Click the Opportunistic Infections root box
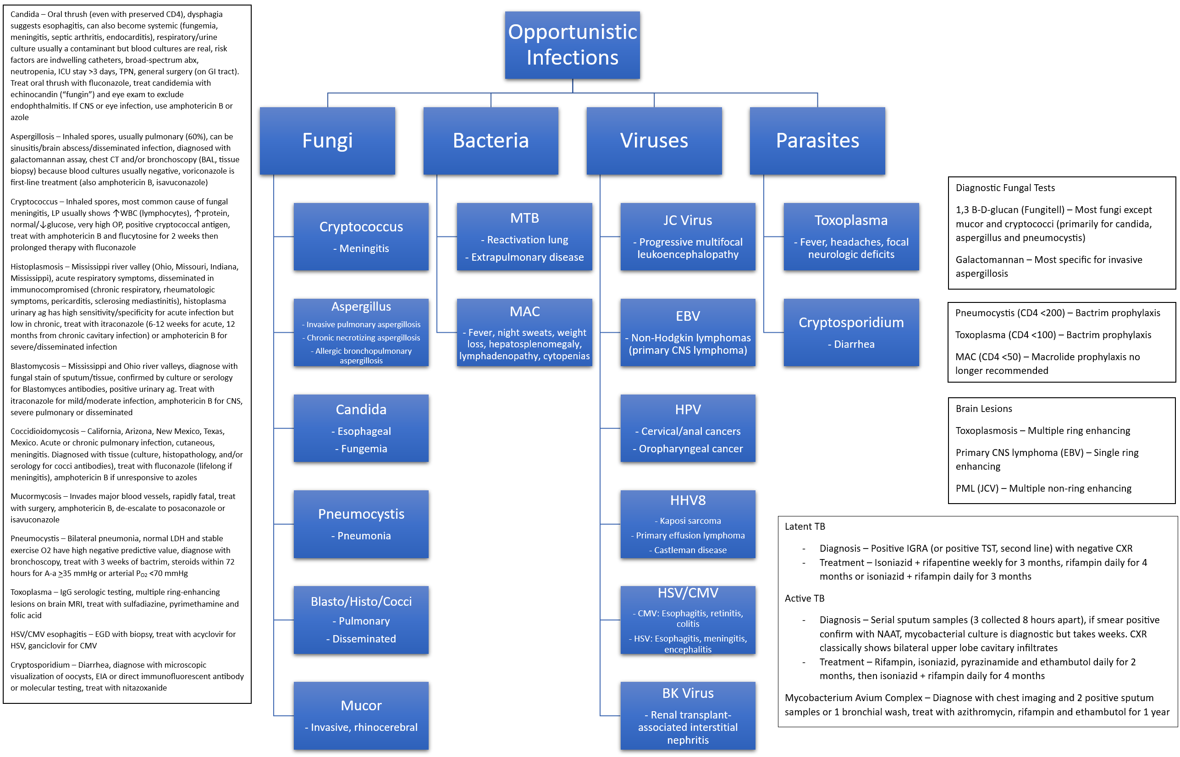coord(572,45)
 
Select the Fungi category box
coord(327,141)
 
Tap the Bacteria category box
coord(491,141)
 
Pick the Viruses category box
coord(654,141)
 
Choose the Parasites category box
coord(817,141)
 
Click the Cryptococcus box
coord(361,236)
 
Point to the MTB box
coord(524,236)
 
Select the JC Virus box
coord(687,236)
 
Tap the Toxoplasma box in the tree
coord(850,236)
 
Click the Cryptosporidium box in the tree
coord(850,332)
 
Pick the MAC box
coord(524,332)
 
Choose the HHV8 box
coord(687,524)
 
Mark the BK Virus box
coord(687,715)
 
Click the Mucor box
coord(361,715)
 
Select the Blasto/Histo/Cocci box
coord(361,620)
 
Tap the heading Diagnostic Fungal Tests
coord(1004,188)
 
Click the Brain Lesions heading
coord(983,408)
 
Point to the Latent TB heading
coord(805,527)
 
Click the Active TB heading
coord(805,598)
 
